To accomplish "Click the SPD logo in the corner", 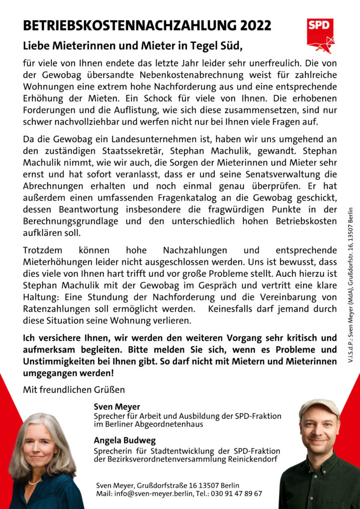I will pyautogui.click(x=320, y=35).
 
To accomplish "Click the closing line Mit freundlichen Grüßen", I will pyautogui.click(x=74, y=389).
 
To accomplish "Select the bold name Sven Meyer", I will pyautogui.click(x=117, y=407).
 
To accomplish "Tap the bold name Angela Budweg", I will pyautogui.click(x=124, y=440).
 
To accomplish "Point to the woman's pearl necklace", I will pyautogui.click(x=35, y=481).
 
